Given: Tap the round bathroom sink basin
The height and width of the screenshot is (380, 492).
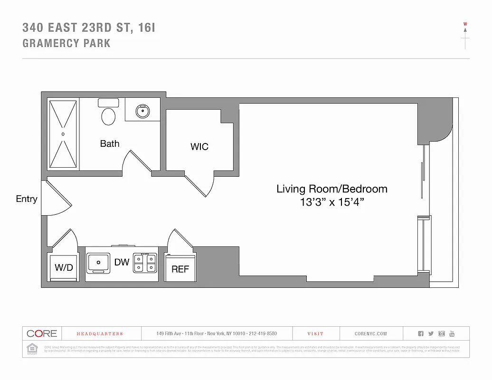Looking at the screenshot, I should pos(142,112).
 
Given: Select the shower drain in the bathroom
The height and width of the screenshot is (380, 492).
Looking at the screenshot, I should pos(63,134).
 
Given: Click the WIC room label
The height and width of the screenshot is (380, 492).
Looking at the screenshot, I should pos(199,147).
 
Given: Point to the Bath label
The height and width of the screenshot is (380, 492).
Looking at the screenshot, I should pos(110,143).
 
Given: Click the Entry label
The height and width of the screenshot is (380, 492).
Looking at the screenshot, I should pos(27,199).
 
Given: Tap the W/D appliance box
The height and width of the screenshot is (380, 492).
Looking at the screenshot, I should pos(64,268).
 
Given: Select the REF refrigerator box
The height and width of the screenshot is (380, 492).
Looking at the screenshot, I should pos(180,269).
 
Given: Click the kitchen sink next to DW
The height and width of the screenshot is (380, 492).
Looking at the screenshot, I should pos(98,263).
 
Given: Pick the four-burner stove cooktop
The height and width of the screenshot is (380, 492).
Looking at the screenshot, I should pos(144,263).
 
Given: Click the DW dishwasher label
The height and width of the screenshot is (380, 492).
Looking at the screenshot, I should pos(122,262).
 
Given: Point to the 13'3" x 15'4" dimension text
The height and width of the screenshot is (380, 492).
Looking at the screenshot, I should pos(332,202).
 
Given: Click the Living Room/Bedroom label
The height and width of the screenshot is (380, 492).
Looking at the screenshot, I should pos(332,189).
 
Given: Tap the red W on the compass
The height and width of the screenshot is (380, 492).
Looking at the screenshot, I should pos(465,24).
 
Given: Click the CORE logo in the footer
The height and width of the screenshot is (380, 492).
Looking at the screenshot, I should pos(42,333).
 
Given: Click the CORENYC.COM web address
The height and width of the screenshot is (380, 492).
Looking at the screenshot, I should pos(371,334).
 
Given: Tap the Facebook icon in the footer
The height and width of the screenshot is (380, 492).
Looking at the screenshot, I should pos(421,333).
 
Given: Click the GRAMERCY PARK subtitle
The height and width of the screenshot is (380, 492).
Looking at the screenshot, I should pos(66,43).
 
